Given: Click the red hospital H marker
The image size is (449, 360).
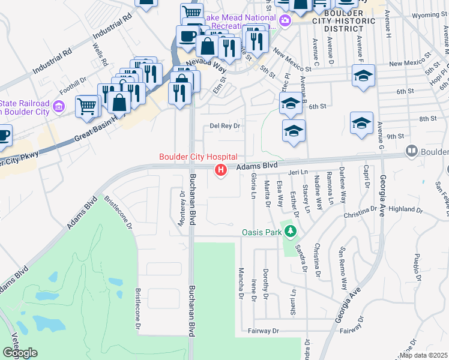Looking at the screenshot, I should pyautogui.click(x=221, y=171).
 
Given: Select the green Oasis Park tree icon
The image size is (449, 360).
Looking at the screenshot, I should pyautogui.click(x=291, y=231).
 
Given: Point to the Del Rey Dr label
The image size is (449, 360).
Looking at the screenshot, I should pyautogui.click(x=225, y=126).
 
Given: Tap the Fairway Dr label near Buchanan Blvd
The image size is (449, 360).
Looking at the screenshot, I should pyautogui.click(x=264, y=331).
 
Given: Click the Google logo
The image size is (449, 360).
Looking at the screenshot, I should pyautogui.click(x=20, y=353).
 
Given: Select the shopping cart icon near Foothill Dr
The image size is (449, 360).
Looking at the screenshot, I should pyautogui.click(x=87, y=107).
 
